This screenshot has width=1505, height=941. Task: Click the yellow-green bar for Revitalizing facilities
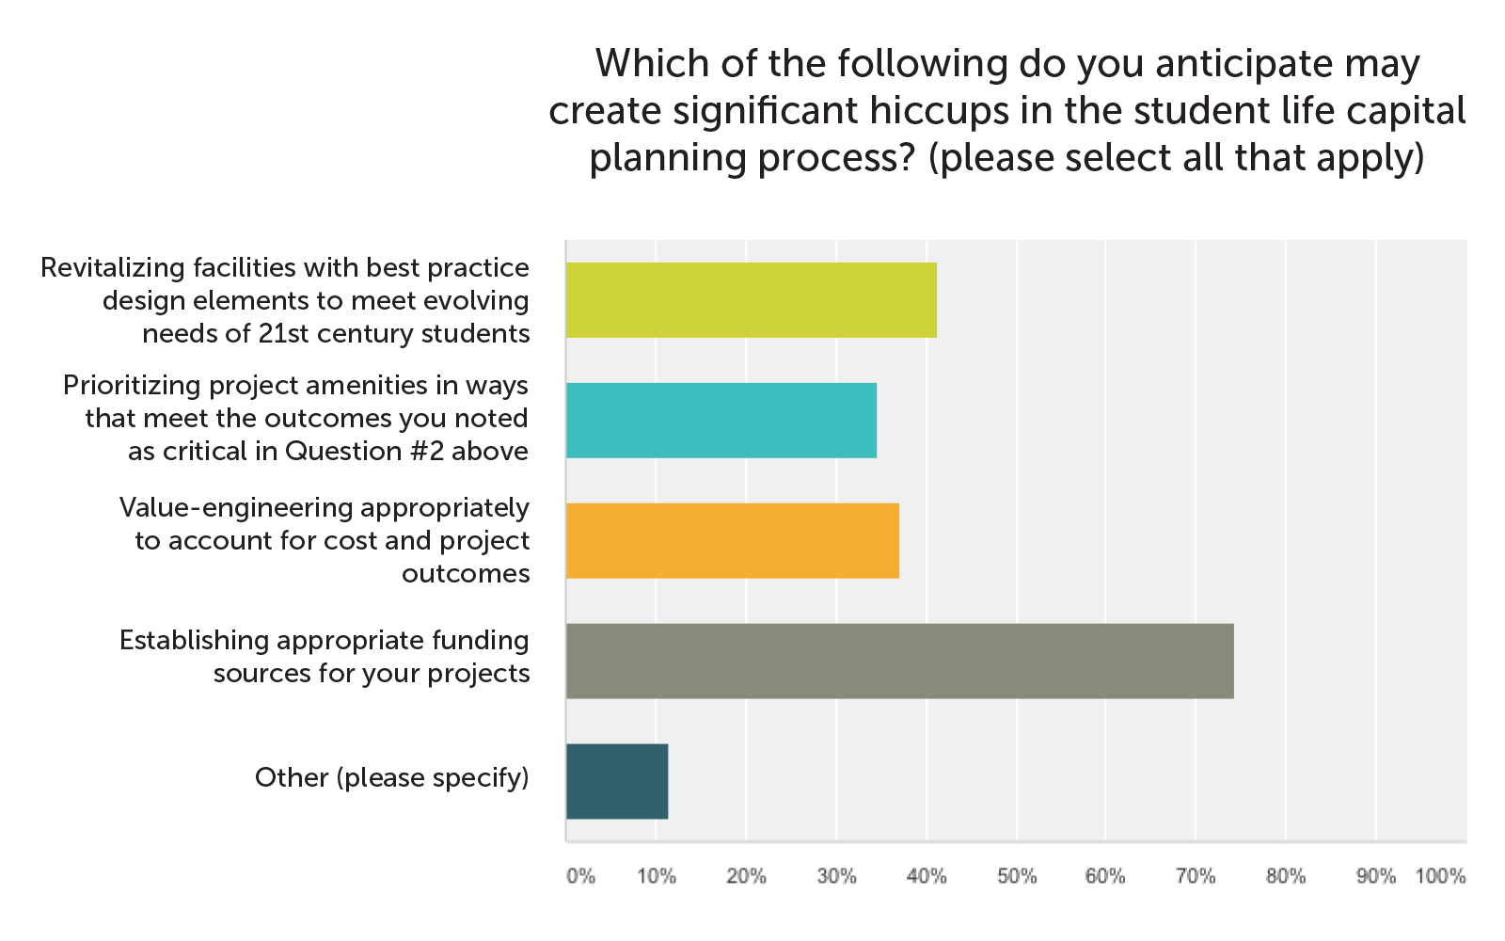[751, 300]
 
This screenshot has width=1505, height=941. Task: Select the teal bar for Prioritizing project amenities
[721, 421]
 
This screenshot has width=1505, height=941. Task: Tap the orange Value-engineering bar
[732, 541]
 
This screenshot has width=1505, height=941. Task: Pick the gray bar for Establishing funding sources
[899, 662]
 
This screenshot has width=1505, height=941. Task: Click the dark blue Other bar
[617, 782]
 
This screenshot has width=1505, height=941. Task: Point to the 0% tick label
[580, 876]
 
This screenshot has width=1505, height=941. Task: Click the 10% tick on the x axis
[657, 876]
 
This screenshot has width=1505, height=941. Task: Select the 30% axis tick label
[836, 876]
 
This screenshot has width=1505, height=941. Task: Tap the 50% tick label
[1016, 876]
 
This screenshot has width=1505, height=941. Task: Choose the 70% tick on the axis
[1196, 876]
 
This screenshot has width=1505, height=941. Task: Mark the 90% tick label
[1375, 876]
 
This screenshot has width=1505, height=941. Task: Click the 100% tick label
[1440, 876]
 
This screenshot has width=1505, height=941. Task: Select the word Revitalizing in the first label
[113, 268]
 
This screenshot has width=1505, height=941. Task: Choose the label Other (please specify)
[391, 778]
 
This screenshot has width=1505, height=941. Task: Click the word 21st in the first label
[283, 334]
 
